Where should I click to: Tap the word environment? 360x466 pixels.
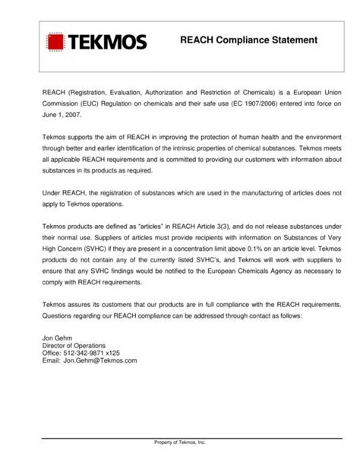(x=322, y=135)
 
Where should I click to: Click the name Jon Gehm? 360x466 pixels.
(x=58, y=339)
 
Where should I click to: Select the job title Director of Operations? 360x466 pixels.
(x=74, y=347)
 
